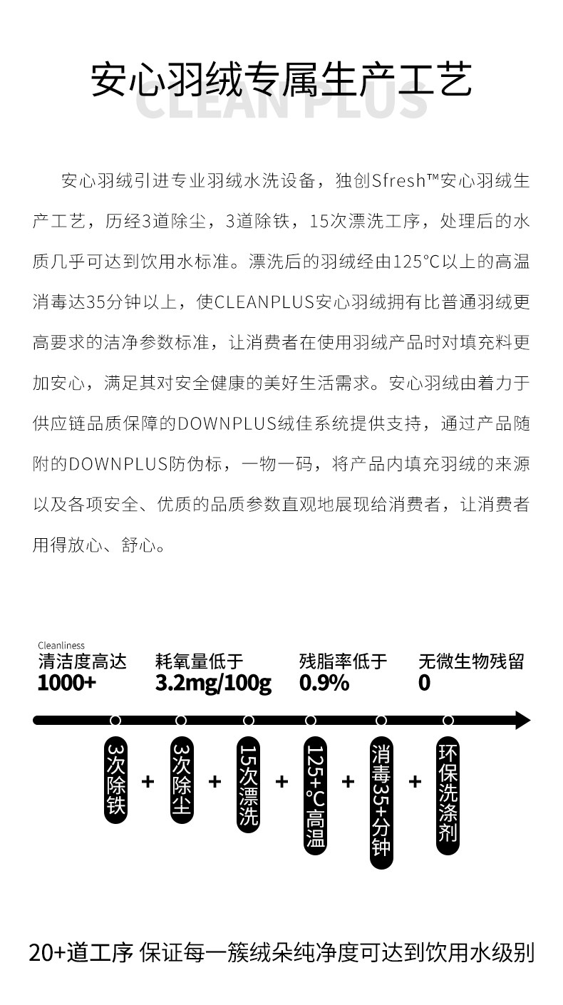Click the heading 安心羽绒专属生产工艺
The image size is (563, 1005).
point(281,81)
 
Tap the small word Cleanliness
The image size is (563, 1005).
point(61,646)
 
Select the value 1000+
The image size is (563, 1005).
point(66,683)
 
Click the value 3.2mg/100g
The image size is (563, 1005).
point(213,683)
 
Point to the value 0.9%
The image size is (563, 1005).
point(324,683)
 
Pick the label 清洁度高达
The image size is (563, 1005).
point(82,662)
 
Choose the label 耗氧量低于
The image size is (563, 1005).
point(199,662)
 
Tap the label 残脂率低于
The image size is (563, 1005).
point(343,662)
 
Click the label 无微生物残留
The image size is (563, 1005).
point(471,662)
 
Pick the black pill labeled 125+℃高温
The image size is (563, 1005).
point(315,795)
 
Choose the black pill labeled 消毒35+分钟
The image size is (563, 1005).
point(381,802)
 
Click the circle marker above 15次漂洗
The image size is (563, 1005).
point(249,721)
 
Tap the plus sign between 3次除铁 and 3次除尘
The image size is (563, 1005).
point(148,782)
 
